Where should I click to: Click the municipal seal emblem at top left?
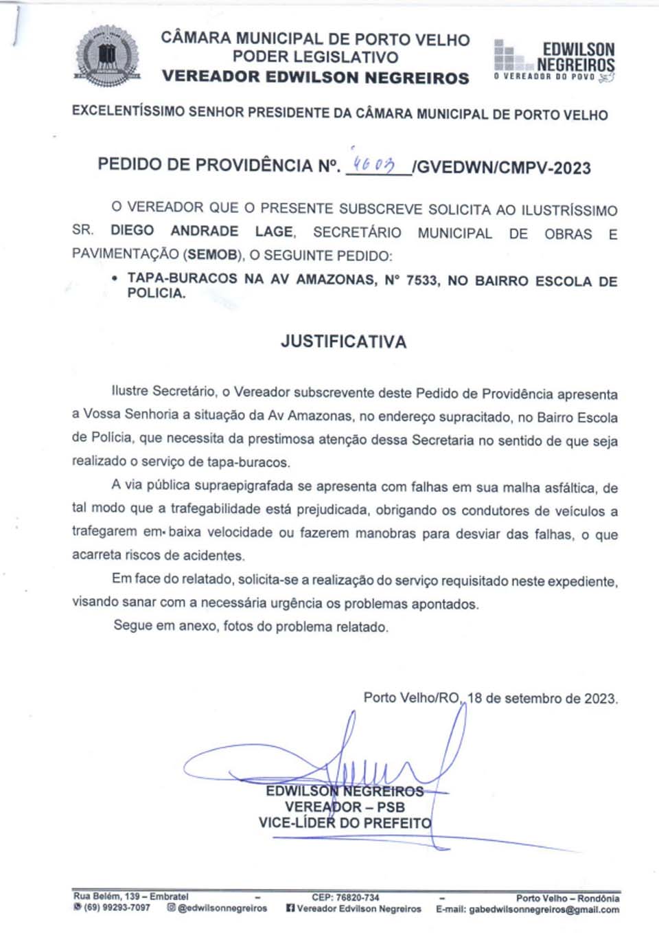(x=107, y=56)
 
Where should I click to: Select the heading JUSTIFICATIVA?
(x=343, y=341)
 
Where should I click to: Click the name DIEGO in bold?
(x=132, y=231)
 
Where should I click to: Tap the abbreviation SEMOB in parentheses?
(x=212, y=255)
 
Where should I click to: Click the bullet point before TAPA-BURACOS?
(x=114, y=279)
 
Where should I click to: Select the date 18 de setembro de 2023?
(x=542, y=699)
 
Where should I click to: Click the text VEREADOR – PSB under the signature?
(x=345, y=807)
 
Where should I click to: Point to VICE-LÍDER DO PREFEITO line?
(x=345, y=823)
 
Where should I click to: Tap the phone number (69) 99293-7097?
(x=117, y=908)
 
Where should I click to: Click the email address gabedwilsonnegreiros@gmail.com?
(x=544, y=910)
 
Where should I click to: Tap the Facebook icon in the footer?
(x=290, y=908)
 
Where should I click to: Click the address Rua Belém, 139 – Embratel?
(x=131, y=897)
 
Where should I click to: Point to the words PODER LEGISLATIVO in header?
(x=315, y=57)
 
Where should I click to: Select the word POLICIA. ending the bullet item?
(x=157, y=293)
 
